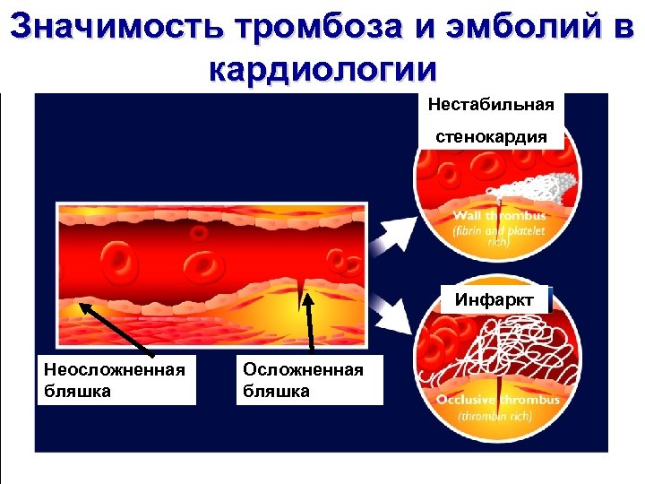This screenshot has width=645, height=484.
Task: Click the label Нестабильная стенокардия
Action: [490, 121]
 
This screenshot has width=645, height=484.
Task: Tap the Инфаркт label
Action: [494, 299]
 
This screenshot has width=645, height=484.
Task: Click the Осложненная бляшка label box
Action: [308, 380]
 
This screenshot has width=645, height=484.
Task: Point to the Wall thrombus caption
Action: [498, 216]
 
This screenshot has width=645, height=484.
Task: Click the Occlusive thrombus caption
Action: [497, 400]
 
